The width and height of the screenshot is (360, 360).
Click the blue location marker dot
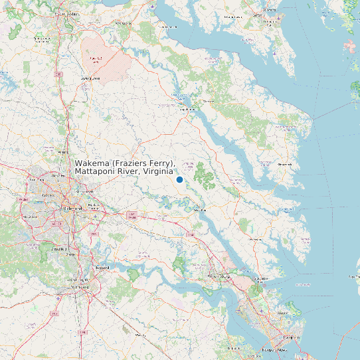(x=179, y=180)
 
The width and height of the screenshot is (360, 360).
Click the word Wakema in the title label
(x=92, y=163)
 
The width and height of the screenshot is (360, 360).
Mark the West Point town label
(x=199, y=210)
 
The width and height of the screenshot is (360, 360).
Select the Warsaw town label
(x=209, y=101)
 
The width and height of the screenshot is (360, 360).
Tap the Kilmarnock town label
(x=284, y=163)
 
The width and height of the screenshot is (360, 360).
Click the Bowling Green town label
(x=90, y=78)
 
